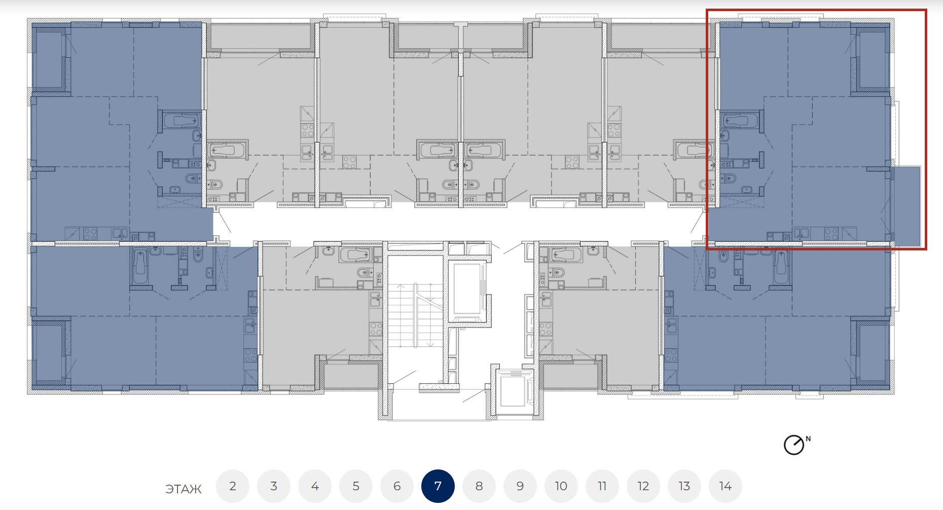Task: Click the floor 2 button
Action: (233, 486)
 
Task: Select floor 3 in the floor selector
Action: (274, 486)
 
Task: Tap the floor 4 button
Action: (315, 486)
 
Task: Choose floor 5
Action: (356, 486)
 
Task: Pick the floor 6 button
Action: (397, 486)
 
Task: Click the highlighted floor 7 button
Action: (438, 486)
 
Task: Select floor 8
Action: (479, 486)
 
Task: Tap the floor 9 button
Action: (520, 486)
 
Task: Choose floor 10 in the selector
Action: (561, 486)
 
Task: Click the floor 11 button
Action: (602, 486)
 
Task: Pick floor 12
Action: (643, 486)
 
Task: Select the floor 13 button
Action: (684, 486)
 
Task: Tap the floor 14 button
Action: (726, 486)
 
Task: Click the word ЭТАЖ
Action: (184, 489)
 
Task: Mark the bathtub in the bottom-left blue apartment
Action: (140, 267)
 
